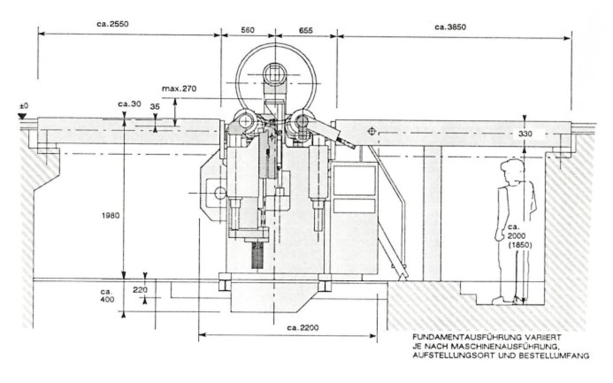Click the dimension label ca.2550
(x=112, y=24)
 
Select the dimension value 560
(x=247, y=30)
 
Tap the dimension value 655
(x=306, y=31)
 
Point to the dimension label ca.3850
(x=450, y=27)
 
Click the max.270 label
(x=179, y=88)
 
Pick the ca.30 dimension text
(x=129, y=104)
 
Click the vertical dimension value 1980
(x=110, y=215)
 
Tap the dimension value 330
(x=525, y=134)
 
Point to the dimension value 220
(x=140, y=290)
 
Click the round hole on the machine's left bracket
(x=220, y=192)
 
